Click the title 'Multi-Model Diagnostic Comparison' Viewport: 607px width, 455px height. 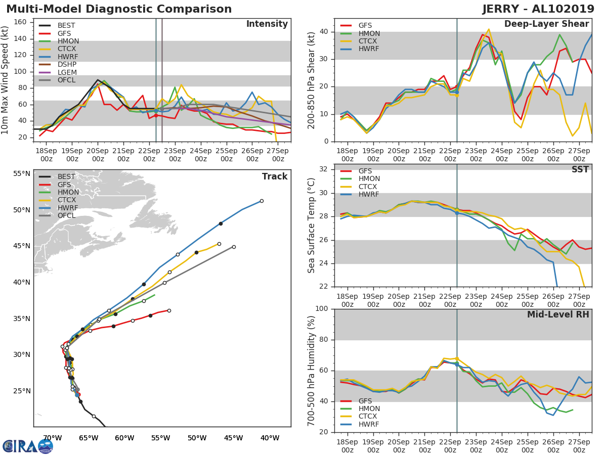(119, 9)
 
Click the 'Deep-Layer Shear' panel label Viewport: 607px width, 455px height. (546, 24)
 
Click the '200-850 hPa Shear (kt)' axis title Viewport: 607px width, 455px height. (312, 81)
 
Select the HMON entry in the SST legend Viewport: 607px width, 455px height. (369, 179)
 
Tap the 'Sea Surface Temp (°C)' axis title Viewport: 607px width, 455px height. (312, 225)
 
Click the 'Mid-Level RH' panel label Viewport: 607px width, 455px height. (558, 315)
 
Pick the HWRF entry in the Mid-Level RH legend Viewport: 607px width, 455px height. (368, 424)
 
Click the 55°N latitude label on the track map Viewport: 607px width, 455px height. (22, 174)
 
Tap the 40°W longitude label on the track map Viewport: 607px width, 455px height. (269, 438)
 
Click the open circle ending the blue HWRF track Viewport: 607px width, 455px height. (262, 201)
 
